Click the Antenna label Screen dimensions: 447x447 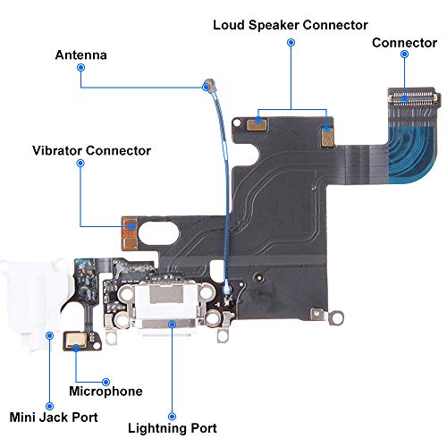click(x=81, y=55)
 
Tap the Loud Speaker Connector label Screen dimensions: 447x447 click(x=291, y=25)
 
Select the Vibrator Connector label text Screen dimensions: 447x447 click(x=91, y=150)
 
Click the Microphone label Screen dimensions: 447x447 click(x=105, y=392)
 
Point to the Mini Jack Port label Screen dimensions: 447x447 click(x=54, y=417)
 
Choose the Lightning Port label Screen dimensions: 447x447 click(x=173, y=428)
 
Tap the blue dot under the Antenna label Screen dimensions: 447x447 click(x=80, y=68)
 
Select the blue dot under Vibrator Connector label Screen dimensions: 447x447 click(x=80, y=163)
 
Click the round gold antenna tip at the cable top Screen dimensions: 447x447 click(x=209, y=86)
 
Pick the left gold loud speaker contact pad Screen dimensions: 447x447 click(x=257, y=123)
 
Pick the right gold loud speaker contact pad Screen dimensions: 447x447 click(x=328, y=136)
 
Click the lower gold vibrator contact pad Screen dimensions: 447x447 click(x=131, y=243)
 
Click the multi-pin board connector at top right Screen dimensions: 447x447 click(x=414, y=97)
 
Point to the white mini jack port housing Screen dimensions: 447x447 click(x=34, y=301)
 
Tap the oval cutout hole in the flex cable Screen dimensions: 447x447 click(x=159, y=233)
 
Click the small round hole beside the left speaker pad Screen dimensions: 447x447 click(x=237, y=122)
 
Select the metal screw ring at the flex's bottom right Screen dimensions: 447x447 click(x=336, y=318)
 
